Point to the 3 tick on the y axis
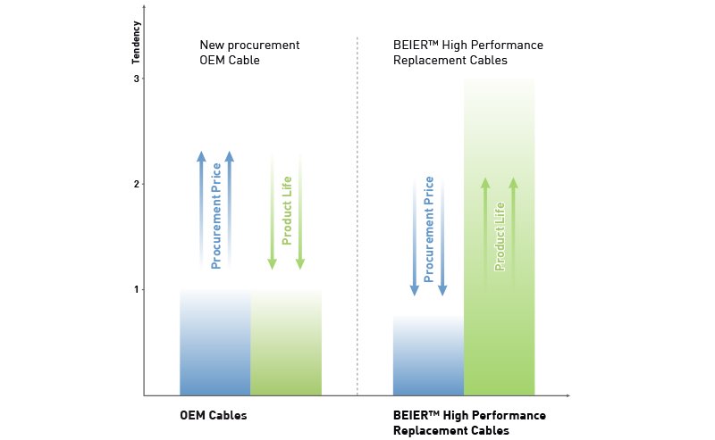coord(137,79)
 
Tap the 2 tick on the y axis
coord(137,184)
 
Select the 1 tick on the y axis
coord(137,289)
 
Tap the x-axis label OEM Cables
coord(213,416)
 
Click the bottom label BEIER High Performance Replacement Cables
coord(468,423)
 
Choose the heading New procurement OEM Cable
coord(249,53)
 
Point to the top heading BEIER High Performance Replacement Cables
coord(467,53)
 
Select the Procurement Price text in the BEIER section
coord(429,230)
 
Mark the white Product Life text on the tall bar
coord(500,236)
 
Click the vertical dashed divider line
coord(357,214)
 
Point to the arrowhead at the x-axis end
coord(567,394)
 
